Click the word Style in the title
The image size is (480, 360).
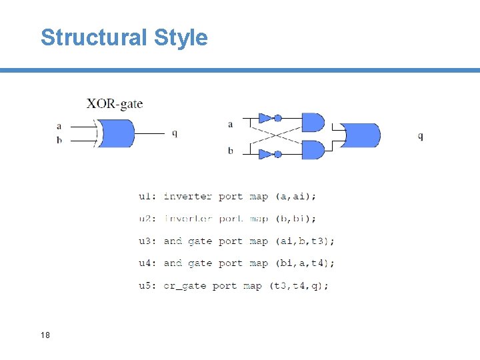tap(181, 37)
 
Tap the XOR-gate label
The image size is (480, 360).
tap(115, 103)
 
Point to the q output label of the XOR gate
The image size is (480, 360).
tap(175, 133)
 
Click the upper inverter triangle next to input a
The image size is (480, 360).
tap(266, 119)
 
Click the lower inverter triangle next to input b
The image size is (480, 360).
tap(266, 154)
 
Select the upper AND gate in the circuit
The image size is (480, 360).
tap(312, 123)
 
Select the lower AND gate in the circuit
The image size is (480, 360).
tap(312, 150)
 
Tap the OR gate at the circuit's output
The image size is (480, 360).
tap(361, 136)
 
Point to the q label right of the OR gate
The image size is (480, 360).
tap(420, 136)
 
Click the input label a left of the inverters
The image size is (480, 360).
tap(231, 124)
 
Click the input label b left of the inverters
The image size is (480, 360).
tap(231, 151)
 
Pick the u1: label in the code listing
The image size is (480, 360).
tap(148, 196)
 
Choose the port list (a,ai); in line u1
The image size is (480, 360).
tap(296, 196)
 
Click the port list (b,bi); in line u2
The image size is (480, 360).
tap(296, 219)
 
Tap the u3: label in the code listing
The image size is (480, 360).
tap(148, 241)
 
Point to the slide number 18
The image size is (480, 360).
tap(45, 335)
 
